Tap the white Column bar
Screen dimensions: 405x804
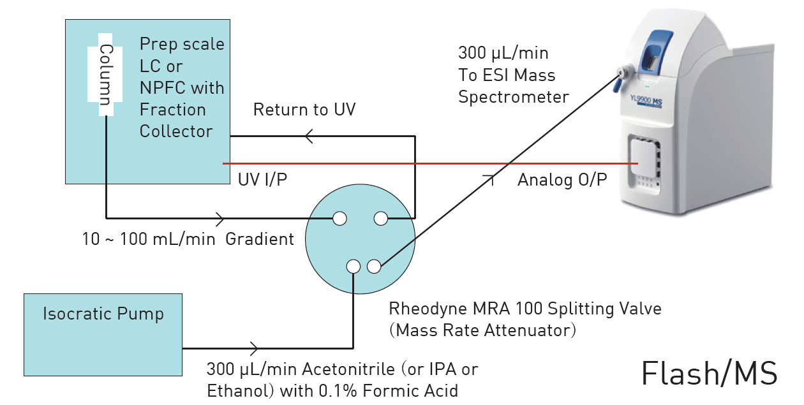[105, 75]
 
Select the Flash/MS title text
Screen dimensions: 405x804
[709, 373]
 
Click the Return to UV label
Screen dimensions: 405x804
[304, 110]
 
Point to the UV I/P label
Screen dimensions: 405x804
[262, 180]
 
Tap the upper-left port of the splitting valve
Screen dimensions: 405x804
[339, 219]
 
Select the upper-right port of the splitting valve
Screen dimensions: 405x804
[380, 219]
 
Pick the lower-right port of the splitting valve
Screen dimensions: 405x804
[374, 266]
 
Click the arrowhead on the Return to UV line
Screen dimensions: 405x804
[309, 136]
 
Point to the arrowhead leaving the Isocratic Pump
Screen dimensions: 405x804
[255, 348]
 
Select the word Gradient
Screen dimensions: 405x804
[260, 239]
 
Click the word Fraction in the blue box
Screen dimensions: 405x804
[172, 110]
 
